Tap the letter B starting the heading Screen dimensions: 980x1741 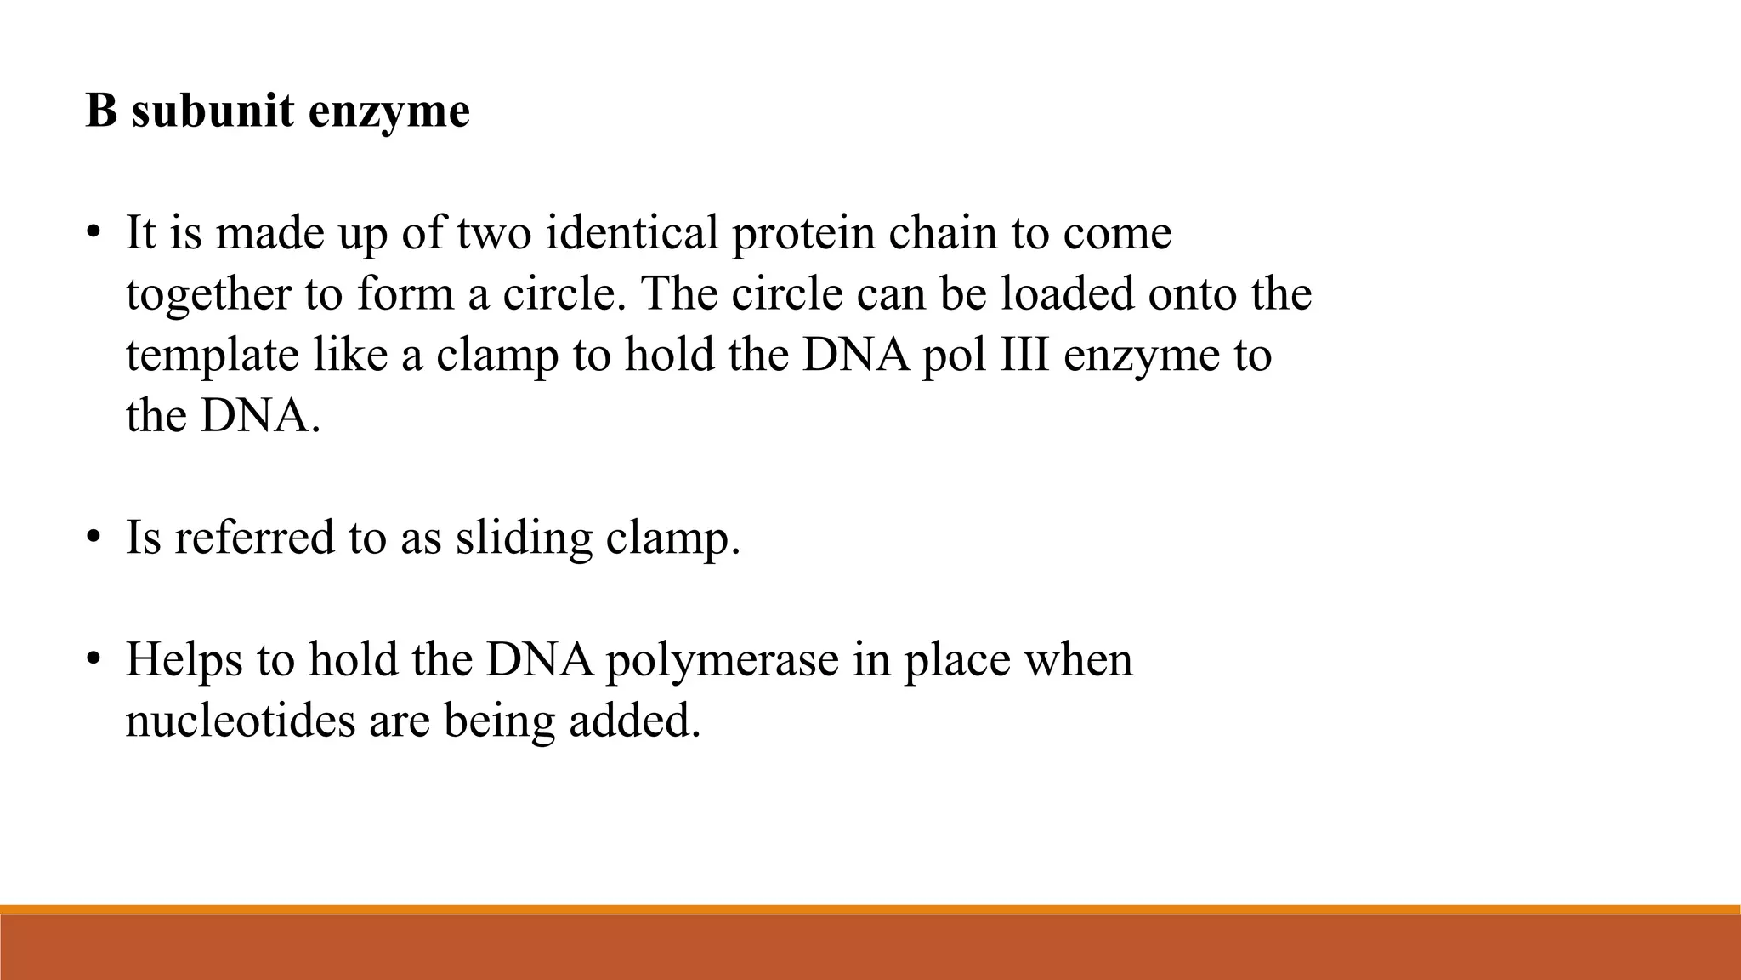101,111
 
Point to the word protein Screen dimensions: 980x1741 802,234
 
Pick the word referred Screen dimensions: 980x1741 254,538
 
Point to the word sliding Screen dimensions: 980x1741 523,539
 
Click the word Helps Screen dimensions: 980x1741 184,660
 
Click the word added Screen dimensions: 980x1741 634,721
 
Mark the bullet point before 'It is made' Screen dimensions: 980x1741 94,234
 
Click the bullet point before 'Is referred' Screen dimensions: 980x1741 94,538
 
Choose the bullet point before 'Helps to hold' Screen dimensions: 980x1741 94,660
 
